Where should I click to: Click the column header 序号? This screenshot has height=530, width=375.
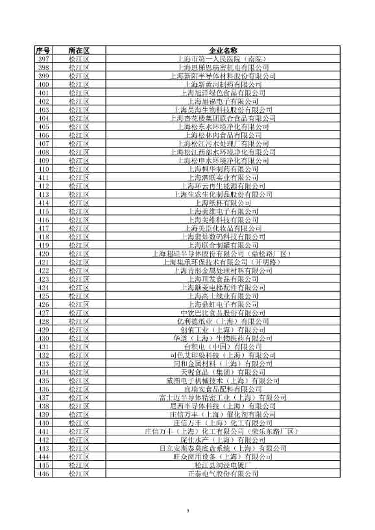[43, 51]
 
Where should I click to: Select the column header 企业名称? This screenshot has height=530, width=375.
[224, 51]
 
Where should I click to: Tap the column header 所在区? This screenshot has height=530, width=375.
[78, 51]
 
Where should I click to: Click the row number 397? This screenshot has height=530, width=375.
[43, 59]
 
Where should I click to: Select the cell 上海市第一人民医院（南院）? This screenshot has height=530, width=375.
[224, 59]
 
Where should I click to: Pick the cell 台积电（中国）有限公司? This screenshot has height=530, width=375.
[224, 347]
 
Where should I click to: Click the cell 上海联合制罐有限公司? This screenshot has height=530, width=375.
[224, 245]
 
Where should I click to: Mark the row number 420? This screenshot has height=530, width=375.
[43, 253]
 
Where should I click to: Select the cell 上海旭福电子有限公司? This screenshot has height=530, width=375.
[224, 101]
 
